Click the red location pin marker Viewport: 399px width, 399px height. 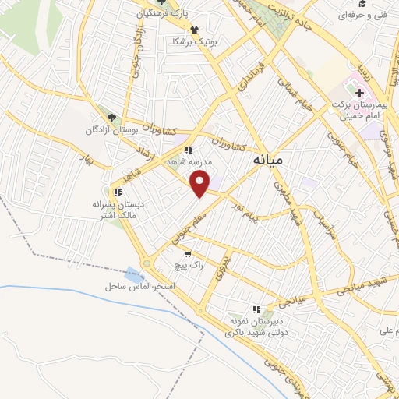201,184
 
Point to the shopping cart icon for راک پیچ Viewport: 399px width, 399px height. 187,254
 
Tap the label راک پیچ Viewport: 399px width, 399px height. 189,266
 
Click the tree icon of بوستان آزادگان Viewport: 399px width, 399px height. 113,117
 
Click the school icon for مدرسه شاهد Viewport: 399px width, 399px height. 188,150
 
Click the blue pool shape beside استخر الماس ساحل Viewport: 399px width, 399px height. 134,274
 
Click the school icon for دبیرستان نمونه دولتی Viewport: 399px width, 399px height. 256,309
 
